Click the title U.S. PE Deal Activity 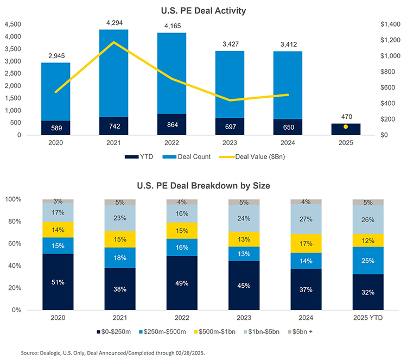tap(203, 10)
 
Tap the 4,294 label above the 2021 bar tap(113, 23)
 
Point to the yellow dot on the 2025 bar tap(346, 127)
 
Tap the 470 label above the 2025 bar tap(346, 116)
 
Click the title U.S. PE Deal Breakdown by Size tap(203, 185)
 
